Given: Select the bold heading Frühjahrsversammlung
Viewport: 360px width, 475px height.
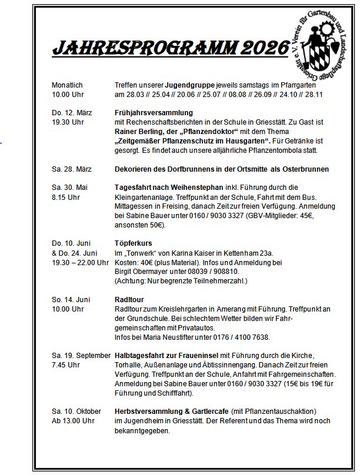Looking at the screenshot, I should (153, 113).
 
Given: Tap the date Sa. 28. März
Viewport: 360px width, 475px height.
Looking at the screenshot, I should (71, 169).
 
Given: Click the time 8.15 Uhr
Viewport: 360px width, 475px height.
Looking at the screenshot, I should (66, 198).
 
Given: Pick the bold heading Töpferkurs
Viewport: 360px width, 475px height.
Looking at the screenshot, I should (132, 243).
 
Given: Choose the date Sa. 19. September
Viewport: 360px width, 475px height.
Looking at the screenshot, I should (81, 356).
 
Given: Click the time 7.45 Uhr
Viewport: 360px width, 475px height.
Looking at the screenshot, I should (65, 365).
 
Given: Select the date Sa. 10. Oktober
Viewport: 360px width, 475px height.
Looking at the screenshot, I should (76, 412).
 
